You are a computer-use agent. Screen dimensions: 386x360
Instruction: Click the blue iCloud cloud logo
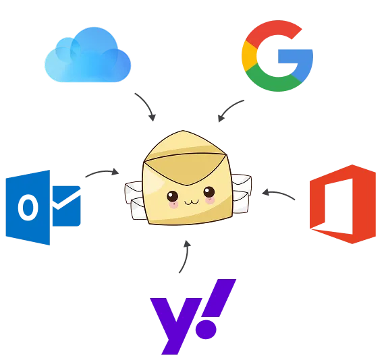(88, 55)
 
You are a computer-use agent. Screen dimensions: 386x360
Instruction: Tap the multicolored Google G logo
(277, 56)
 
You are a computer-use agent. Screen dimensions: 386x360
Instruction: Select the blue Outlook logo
(43, 208)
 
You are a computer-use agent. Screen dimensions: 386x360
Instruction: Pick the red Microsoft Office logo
(343, 204)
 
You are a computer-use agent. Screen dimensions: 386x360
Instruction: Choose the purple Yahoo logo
(193, 317)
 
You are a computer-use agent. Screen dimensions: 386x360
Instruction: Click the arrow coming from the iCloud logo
(147, 105)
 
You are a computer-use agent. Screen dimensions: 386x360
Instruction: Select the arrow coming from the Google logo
(229, 109)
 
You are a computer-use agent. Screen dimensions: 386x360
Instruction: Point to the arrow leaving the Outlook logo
(102, 172)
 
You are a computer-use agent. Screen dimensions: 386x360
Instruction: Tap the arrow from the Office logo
(278, 193)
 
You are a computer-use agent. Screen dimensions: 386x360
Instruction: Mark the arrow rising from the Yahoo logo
(186, 257)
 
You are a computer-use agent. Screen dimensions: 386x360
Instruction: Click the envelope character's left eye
(172, 196)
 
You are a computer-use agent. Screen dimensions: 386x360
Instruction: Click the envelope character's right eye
(209, 192)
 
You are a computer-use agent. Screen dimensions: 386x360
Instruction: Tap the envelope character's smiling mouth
(192, 202)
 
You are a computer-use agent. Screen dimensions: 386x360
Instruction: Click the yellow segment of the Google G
(249, 56)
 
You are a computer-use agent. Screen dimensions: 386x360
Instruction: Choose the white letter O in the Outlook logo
(28, 207)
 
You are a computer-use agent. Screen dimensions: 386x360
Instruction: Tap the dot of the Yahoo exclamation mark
(206, 329)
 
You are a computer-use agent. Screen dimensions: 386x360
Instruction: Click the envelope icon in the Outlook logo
(66, 206)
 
